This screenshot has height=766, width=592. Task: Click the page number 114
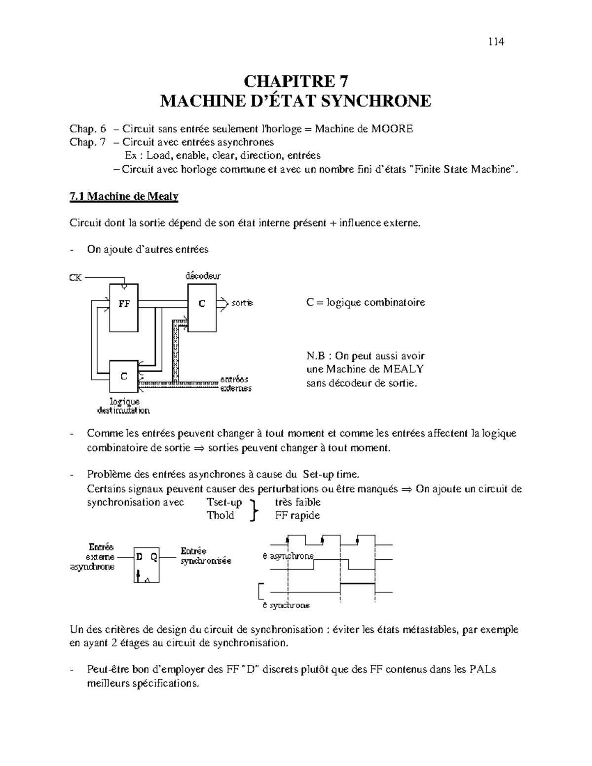click(x=496, y=41)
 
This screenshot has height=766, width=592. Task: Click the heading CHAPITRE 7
click(x=296, y=81)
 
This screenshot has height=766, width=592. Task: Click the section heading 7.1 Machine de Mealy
click(x=123, y=197)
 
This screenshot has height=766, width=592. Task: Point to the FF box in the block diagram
click(x=124, y=307)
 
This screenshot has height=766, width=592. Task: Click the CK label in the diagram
click(x=75, y=278)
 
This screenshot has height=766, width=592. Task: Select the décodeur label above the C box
click(x=203, y=276)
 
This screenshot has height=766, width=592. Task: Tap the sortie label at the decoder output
click(x=242, y=303)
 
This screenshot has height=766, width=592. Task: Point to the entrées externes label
click(x=235, y=384)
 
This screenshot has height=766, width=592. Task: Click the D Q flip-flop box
click(x=147, y=564)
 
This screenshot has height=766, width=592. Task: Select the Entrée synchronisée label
click(x=205, y=556)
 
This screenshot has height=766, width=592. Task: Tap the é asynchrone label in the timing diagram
click(x=288, y=556)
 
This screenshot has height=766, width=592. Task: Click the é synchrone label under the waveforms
click(x=286, y=605)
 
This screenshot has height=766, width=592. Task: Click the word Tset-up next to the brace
click(x=224, y=503)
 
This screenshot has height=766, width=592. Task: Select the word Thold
click(x=220, y=516)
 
